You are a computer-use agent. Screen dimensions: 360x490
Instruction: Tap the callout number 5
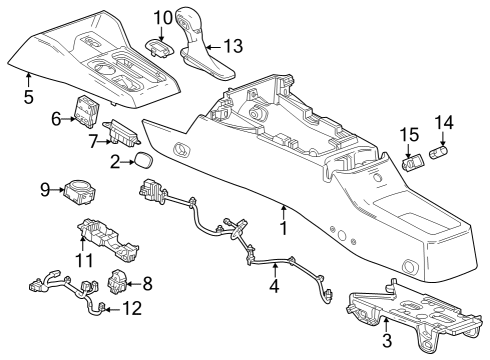[x=29, y=97]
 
